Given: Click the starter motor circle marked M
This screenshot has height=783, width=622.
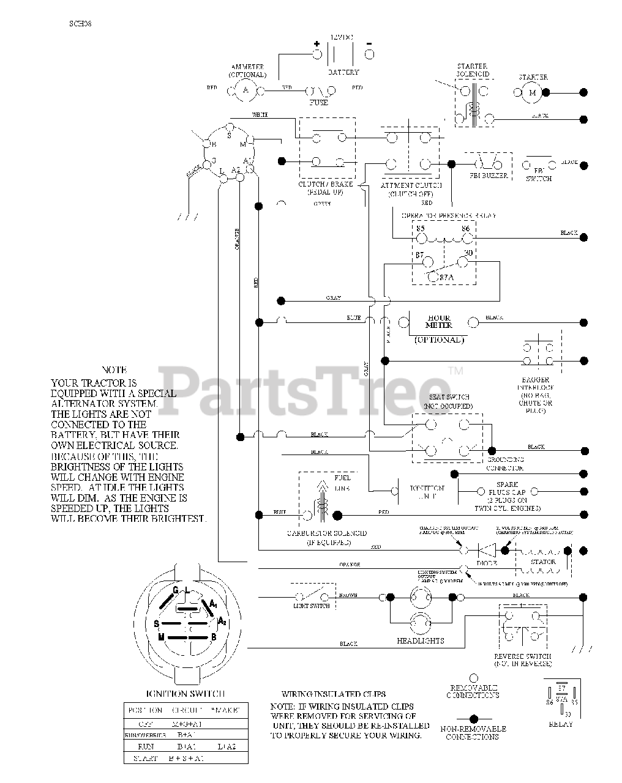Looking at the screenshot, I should [x=532, y=92].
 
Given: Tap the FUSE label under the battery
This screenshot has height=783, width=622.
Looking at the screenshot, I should [x=319, y=102].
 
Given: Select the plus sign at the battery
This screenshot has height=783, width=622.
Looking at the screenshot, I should [x=317, y=43].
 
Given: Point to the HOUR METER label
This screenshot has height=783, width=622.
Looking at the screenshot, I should [x=438, y=322].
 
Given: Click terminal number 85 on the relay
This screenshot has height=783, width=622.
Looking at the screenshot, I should [x=420, y=229].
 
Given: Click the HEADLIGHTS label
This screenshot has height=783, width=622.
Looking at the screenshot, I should [x=421, y=640].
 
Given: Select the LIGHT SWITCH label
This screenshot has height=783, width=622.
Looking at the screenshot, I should [x=312, y=606].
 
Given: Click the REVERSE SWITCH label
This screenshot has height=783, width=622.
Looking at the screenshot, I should [x=522, y=656].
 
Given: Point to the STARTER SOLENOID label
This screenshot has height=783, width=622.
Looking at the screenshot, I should [x=472, y=70].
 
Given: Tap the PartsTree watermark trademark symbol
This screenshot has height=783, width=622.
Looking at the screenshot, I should [x=455, y=371].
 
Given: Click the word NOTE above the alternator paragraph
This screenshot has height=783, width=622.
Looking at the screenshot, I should [x=114, y=370].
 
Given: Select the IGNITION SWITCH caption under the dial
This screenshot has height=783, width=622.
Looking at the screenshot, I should [x=186, y=694].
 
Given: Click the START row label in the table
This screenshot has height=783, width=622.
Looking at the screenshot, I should [x=146, y=759].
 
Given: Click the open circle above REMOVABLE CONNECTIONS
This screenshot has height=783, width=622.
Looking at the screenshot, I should [x=473, y=678].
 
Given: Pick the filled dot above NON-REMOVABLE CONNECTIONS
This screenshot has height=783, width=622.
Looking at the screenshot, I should [x=473, y=719].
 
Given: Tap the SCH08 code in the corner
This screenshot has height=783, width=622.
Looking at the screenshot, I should [x=80, y=25].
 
